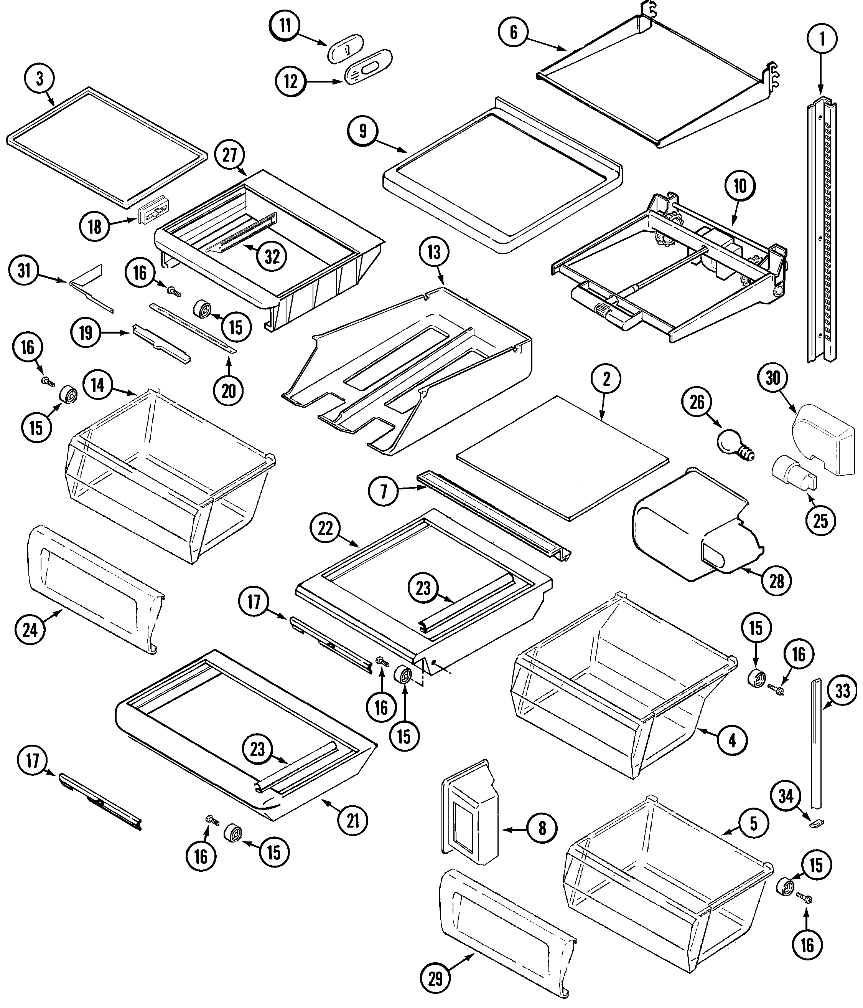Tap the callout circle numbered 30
tap(773, 378)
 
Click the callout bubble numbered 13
tap(434, 252)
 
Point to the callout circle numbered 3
tap(40, 78)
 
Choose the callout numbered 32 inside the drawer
tap(272, 256)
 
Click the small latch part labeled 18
tap(152, 215)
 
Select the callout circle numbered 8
tap(542, 828)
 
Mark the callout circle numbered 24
tap(30, 630)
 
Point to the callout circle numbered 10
tap(740, 185)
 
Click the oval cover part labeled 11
tap(346, 49)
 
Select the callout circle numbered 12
tap(290, 81)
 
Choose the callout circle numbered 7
tap(384, 492)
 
